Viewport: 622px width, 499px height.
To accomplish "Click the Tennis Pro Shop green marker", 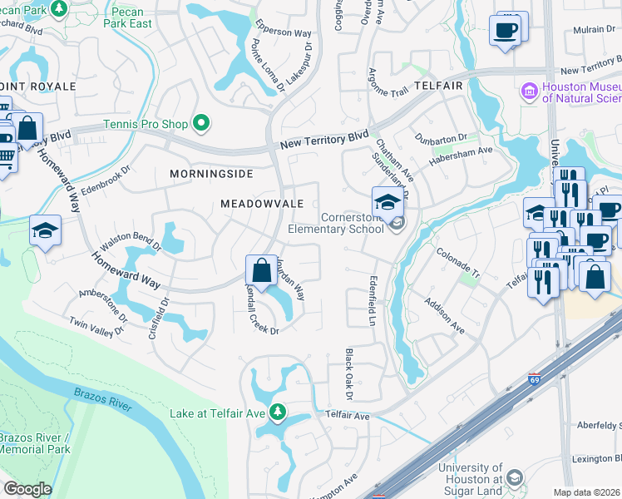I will point(200,124).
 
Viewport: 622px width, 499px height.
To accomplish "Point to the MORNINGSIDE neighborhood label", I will point(210,174).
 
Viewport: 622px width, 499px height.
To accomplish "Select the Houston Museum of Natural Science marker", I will point(529,90).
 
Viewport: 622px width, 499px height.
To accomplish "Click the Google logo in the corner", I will point(27,489).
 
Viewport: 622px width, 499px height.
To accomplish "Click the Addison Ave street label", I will point(444,317).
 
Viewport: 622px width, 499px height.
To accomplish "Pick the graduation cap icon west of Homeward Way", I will point(45,232).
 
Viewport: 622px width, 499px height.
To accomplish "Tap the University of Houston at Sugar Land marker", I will point(514,478).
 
